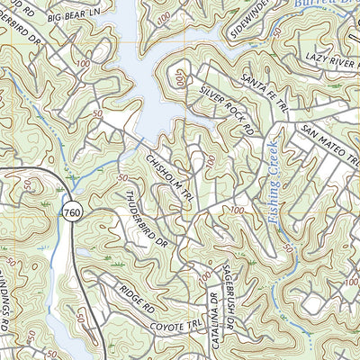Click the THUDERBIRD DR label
click(x=145, y=221)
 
